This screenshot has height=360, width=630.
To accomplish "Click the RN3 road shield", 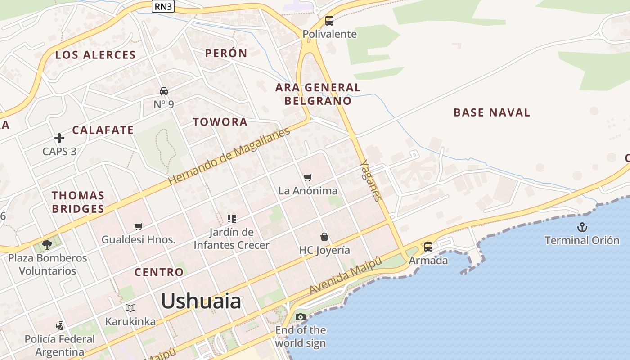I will click(163, 6).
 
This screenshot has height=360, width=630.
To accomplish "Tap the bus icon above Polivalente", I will click(329, 21).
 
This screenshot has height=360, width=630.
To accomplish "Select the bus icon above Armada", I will click(428, 247).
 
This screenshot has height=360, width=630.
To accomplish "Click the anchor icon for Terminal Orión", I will click(582, 227).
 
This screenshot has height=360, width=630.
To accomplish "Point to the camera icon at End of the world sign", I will click(301, 317).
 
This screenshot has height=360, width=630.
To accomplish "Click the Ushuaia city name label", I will click(201, 301).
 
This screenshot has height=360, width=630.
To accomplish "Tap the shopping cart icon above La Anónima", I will click(308, 177).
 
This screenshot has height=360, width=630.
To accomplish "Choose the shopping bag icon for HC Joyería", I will click(324, 237).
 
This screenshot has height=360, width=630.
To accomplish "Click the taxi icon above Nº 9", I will click(164, 91).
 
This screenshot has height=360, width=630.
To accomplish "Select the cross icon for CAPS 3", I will click(59, 138).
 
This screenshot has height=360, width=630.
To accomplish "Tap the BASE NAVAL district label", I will click(492, 112).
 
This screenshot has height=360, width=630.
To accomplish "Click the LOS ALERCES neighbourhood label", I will click(95, 55).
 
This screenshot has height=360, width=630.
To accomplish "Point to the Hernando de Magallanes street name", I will click(229, 157).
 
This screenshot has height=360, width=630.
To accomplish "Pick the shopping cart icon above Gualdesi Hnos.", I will click(139, 226).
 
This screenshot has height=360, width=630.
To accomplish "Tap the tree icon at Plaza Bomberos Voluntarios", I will click(47, 245).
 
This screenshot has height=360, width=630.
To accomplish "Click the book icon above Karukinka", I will click(130, 308).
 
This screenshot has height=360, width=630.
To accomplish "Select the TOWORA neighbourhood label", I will click(220, 122).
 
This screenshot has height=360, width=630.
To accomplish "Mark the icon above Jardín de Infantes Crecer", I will click(232, 219).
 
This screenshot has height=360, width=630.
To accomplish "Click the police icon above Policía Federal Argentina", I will click(59, 325).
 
